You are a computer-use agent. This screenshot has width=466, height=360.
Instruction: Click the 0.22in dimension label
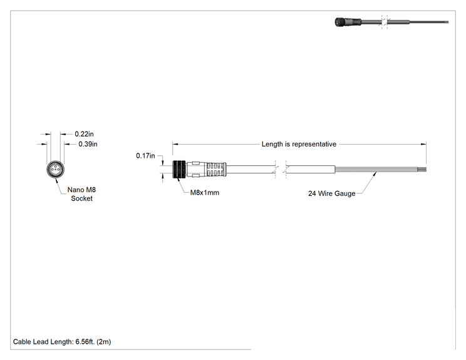click(x=84, y=134)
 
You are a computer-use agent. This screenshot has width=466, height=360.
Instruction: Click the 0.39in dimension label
click(x=88, y=144)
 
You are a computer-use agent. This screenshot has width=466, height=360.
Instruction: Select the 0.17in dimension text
click(x=145, y=156)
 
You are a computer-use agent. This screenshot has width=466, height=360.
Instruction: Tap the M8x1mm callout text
click(x=204, y=192)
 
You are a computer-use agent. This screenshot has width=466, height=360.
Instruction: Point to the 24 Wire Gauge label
click(x=332, y=193)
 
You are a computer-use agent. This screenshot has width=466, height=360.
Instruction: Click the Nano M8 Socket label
click(x=81, y=194)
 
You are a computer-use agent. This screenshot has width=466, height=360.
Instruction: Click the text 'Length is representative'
click(x=299, y=144)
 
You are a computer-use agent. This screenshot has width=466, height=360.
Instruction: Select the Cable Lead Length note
click(x=62, y=342)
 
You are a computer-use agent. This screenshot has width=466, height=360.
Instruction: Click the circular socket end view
click(x=55, y=170)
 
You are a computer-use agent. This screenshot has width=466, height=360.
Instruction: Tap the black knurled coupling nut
click(x=179, y=169)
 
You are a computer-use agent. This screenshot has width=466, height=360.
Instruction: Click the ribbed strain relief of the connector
click(x=216, y=169)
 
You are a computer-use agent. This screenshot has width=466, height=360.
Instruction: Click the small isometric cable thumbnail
click(x=391, y=23)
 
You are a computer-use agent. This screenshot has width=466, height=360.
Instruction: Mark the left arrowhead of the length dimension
click(x=175, y=145)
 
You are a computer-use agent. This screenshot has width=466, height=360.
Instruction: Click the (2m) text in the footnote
click(x=104, y=342)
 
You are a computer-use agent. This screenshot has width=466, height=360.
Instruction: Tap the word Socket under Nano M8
click(x=81, y=198)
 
